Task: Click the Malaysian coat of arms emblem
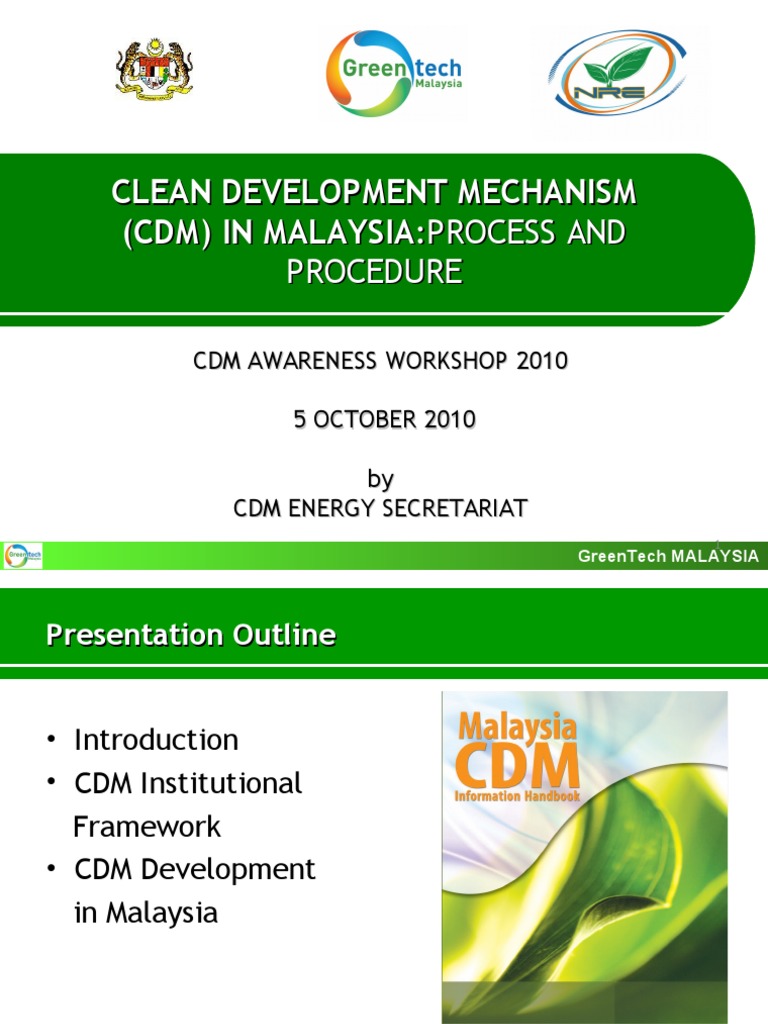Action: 154,68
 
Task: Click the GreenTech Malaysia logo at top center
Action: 395,72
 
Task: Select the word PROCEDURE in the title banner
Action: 375,271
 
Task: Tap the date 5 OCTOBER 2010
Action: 384,420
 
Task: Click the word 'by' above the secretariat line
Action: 380,480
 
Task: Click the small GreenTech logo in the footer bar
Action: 23,556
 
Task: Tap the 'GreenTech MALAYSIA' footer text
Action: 668,556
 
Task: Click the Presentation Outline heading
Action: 191,635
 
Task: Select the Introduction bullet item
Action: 156,740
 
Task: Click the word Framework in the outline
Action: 147,826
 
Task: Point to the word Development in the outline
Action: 228,869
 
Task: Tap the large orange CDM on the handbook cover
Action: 517,767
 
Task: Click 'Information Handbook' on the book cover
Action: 517,797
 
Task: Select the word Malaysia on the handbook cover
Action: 517,727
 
